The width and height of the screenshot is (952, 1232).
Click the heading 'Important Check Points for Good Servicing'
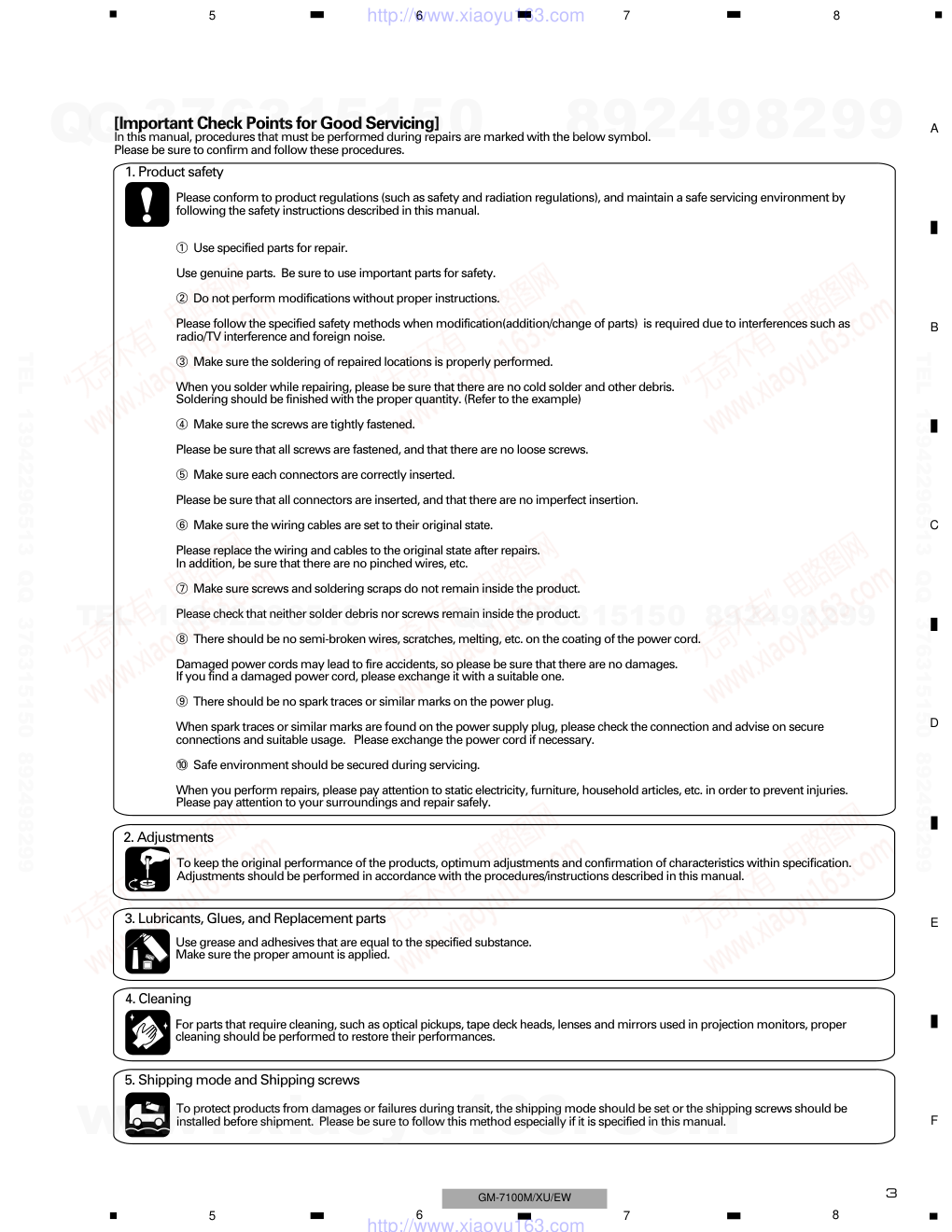point(276,122)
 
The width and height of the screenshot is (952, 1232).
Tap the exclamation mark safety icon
point(147,203)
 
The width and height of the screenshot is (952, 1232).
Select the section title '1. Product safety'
point(175,172)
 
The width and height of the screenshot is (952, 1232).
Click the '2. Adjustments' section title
point(168,837)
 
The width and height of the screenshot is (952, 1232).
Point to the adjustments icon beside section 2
point(147,870)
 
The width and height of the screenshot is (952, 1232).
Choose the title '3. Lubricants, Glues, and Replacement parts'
point(255,918)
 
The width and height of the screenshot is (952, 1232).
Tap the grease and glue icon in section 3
point(147,951)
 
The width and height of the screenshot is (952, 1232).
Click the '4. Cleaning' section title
point(158,999)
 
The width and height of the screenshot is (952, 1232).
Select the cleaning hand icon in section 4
point(147,1032)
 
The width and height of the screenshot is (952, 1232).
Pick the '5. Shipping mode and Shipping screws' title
point(242,1080)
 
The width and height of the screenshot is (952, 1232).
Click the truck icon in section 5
point(147,1114)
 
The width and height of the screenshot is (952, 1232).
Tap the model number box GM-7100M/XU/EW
point(525,1197)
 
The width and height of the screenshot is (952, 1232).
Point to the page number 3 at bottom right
point(891,1193)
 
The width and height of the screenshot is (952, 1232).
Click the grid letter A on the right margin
point(933,129)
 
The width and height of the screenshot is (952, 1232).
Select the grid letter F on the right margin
point(933,1120)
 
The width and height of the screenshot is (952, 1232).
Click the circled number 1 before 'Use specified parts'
point(182,248)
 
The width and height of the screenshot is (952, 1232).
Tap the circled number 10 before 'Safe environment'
point(182,765)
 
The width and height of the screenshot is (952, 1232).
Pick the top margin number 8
point(836,15)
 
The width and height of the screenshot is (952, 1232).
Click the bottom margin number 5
point(212,1215)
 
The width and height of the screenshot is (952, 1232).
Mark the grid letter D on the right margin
point(933,723)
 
